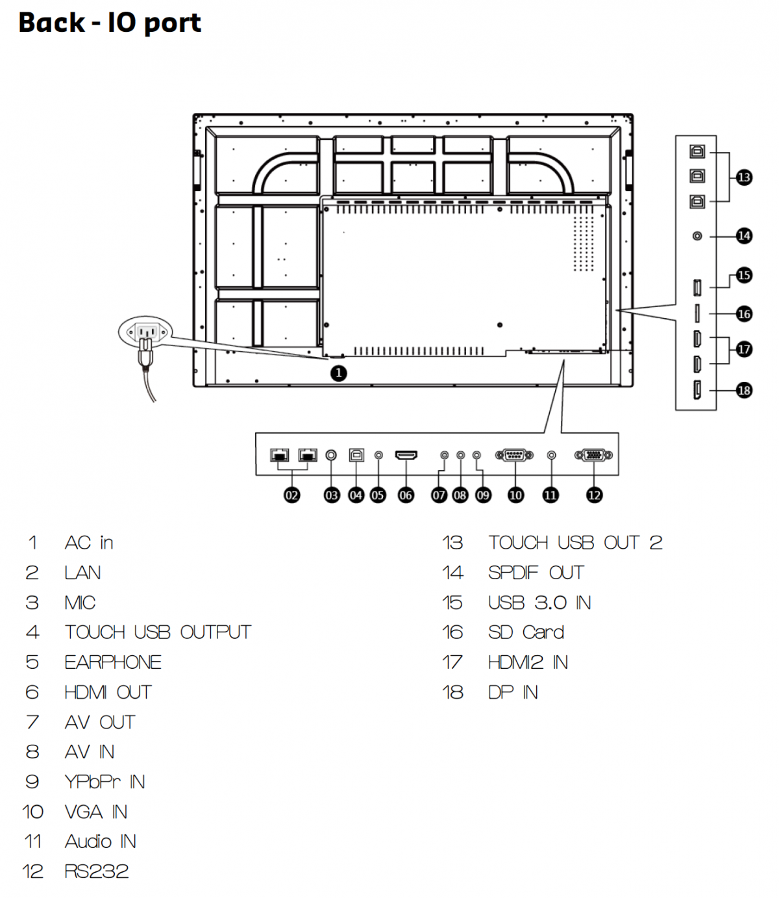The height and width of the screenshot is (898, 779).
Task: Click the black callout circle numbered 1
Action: [x=338, y=373]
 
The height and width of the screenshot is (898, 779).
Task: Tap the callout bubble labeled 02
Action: [x=292, y=495]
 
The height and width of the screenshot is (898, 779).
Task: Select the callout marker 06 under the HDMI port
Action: [x=406, y=495]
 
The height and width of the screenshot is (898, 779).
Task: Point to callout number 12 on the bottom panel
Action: [x=594, y=495]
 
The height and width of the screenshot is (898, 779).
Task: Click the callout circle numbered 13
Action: [x=744, y=177]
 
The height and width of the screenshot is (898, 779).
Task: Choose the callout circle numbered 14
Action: [x=744, y=236]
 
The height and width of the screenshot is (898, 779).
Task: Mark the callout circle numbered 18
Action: [x=744, y=390]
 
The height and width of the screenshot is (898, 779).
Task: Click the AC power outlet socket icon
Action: [x=146, y=332]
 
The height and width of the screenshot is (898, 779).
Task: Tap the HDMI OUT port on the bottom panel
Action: [x=406, y=455]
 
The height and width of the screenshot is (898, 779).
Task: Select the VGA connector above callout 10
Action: [x=514, y=455]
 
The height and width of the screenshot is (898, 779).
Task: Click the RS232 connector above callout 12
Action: [x=593, y=455]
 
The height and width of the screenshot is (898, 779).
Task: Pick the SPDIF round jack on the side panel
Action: [x=697, y=236]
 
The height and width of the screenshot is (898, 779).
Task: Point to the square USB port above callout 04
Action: [x=356, y=455]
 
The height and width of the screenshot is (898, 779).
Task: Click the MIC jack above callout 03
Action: [x=331, y=455]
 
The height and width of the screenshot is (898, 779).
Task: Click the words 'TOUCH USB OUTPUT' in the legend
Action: [x=158, y=632]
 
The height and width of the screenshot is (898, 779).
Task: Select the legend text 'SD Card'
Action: [x=526, y=632]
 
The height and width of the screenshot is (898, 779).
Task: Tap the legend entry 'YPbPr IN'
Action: [x=105, y=782]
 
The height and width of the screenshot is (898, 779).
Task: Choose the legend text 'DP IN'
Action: [x=513, y=692]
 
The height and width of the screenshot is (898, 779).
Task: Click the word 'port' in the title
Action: [x=173, y=23]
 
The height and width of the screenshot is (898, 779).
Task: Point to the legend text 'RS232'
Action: [x=97, y=871]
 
